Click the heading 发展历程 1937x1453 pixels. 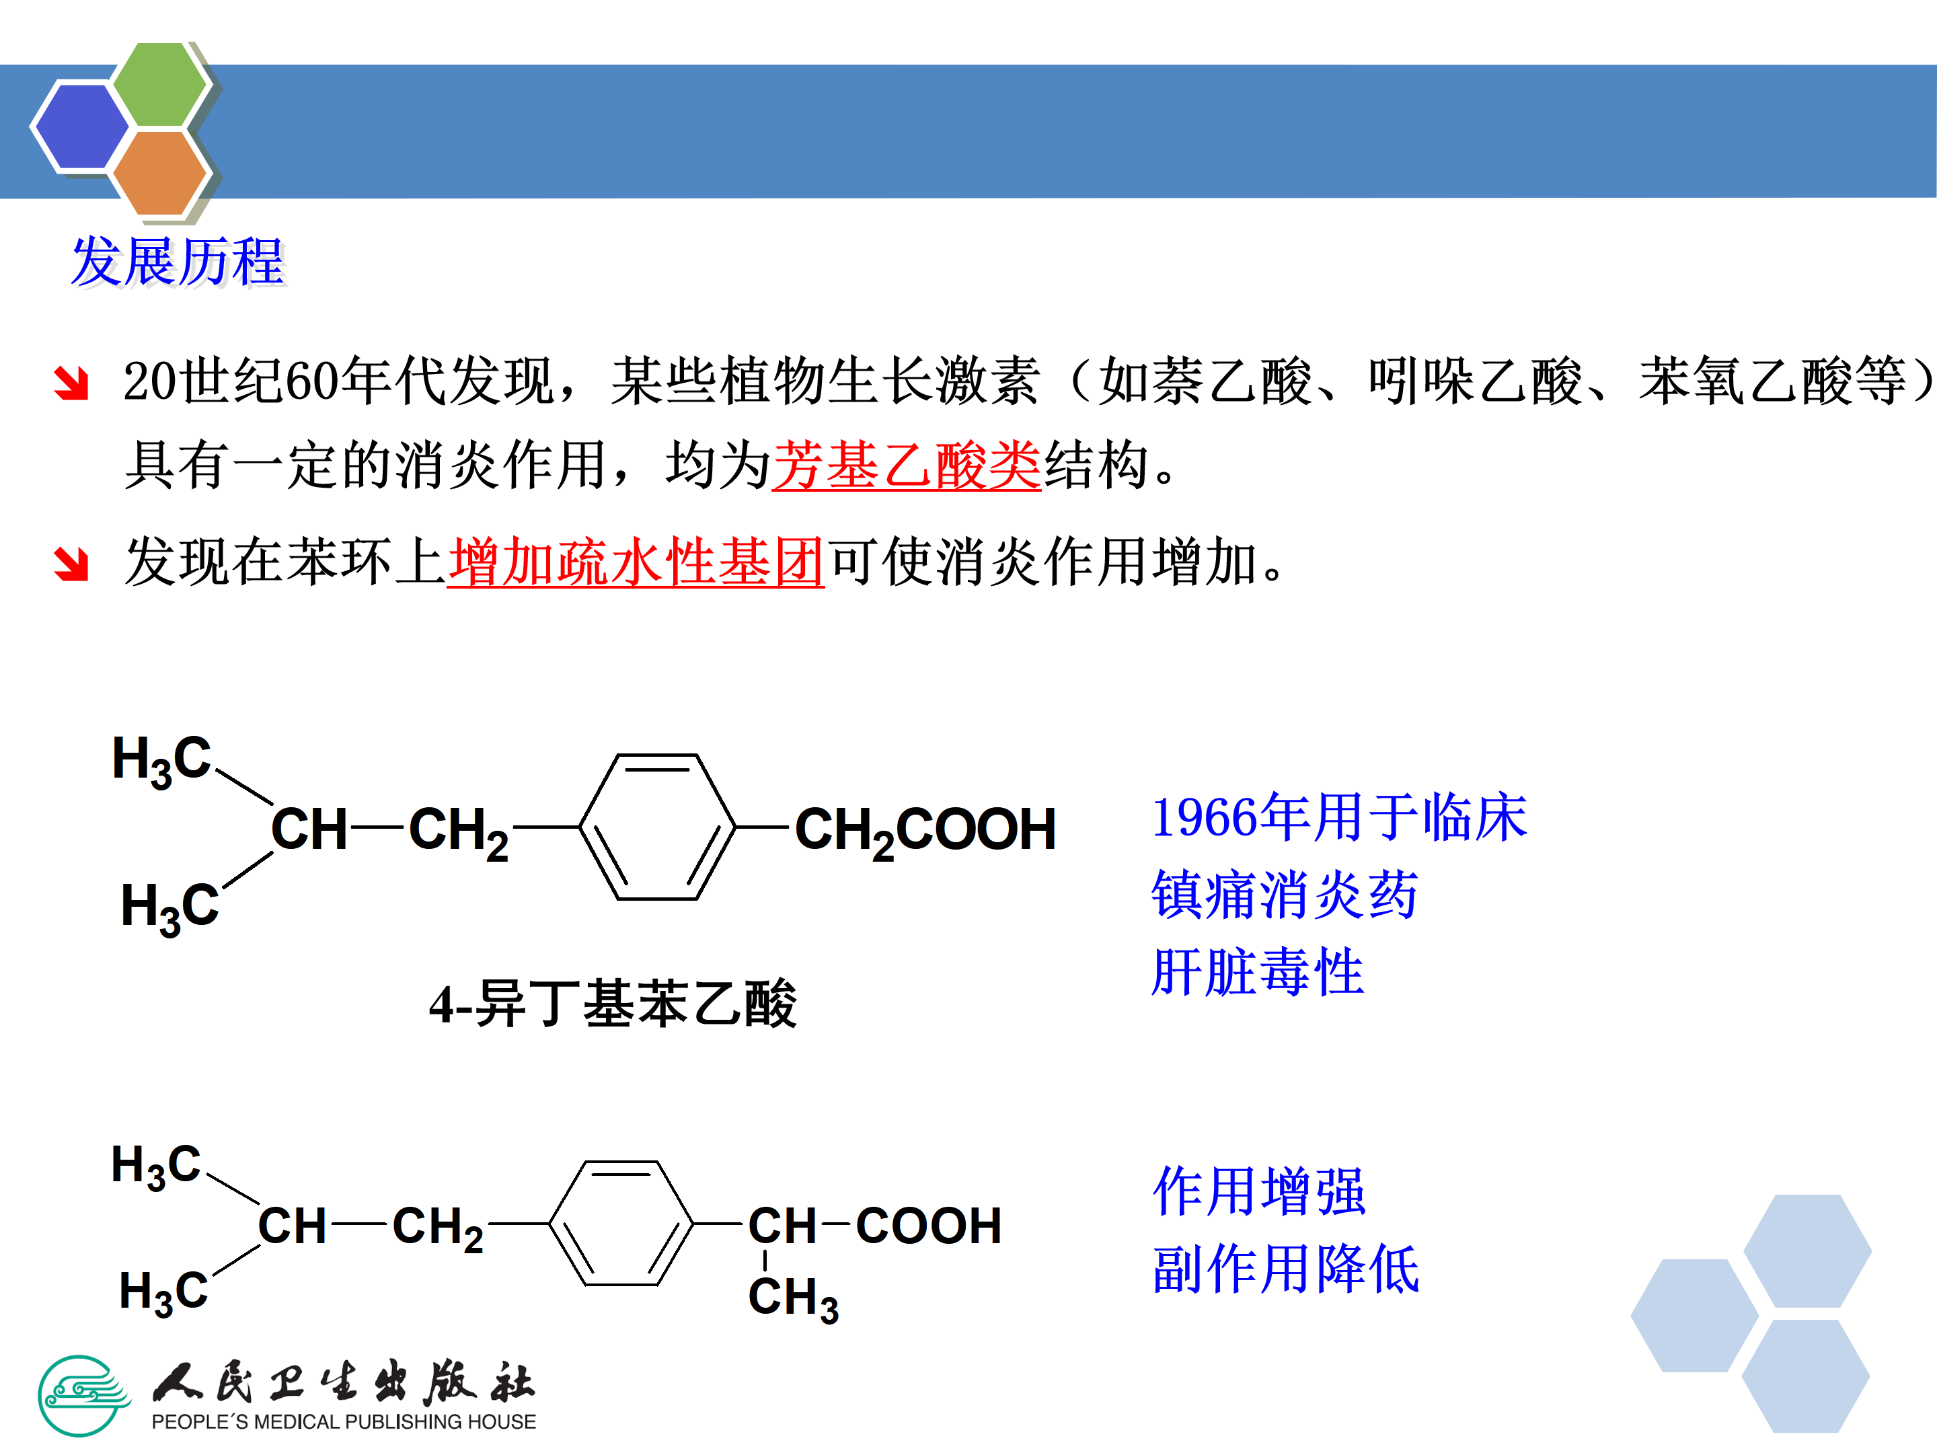[x=178, y=261]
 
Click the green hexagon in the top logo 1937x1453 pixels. [x=160, y=85]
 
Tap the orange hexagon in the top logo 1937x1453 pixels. [x=159, y=172]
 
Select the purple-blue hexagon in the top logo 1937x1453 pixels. [x=82, y=126]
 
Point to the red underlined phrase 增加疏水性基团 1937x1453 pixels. [x=635, y=562]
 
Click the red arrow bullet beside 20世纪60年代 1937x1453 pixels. [x=71, y=383]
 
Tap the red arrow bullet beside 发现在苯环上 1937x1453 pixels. [x=71, y=564]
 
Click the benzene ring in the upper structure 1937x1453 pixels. [x=656, y=827]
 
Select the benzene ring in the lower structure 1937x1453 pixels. [x=621, y=1223]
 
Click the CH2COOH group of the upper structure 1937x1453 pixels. [x=925, y=830]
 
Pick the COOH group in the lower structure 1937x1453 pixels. [x=928, y=1225]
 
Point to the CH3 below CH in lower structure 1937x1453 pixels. [x=792, y=1298]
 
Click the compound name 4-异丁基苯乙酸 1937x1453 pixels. [x=612, y=1004]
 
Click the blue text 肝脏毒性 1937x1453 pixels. [x=1258, y=972]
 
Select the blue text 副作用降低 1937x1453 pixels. [x=1285, y=1269]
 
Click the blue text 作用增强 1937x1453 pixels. [x=1258, y=1191]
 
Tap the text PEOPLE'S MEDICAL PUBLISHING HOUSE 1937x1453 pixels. [x=343, y=1421]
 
